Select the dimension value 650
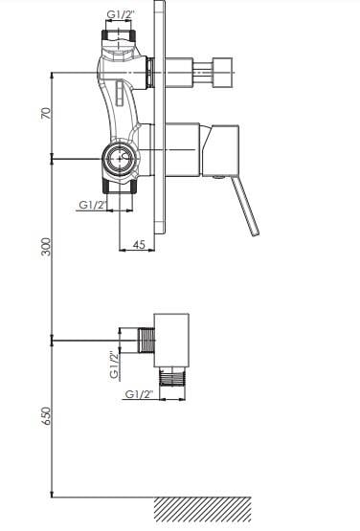point(47,416)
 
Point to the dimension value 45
point(139,244)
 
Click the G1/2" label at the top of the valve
point(121,14)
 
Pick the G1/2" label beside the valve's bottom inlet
point(93,205)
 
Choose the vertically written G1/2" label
point(115,365)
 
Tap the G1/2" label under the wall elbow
point(139,394)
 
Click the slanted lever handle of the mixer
point(245,207)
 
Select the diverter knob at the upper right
point(222,73)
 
